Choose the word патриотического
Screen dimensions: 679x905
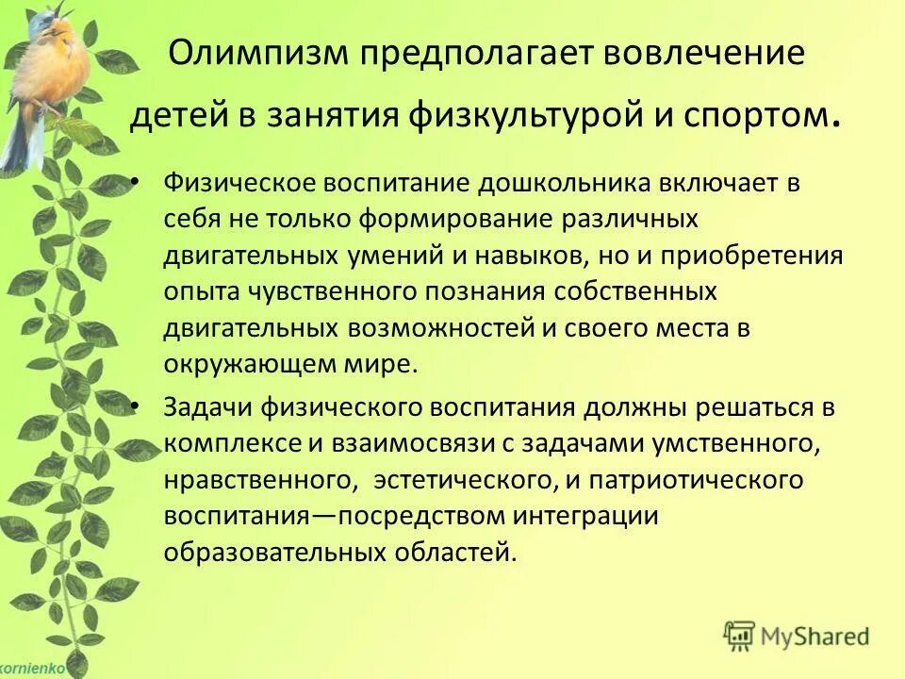coord(698,480)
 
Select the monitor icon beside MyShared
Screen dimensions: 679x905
coord(739,635)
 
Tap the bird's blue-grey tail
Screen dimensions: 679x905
coord(18,141)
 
